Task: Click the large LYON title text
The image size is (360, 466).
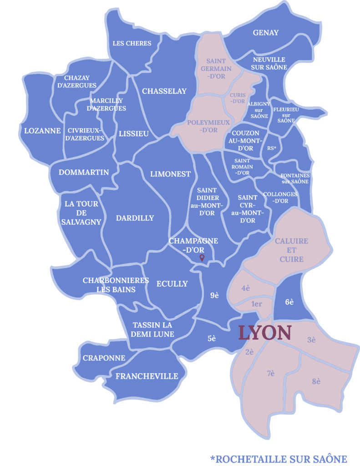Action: coord(265,333)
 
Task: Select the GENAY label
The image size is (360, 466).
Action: coord(265,33)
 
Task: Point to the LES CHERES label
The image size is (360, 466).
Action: coord(132,44)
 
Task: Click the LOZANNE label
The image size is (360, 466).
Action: coord(42,131)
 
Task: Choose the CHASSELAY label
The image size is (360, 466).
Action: coord(164,91)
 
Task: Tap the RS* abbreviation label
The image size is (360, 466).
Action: coord(272,148)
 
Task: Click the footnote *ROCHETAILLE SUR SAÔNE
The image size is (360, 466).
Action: coord(279,459)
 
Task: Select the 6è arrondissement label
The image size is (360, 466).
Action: coord(289,301)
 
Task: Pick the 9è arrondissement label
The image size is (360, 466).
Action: coord(215,295)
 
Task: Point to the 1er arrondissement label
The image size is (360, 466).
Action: coord(256,304)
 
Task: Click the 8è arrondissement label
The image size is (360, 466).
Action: coord(317,381)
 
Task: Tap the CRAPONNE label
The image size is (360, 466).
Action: coord(104,358)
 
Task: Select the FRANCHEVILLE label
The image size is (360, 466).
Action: coord(147,376)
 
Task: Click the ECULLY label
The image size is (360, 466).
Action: coord(172,284)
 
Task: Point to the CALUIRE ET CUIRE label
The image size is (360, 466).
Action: coord(292,250)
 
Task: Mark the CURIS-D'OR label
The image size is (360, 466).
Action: coord(238,98)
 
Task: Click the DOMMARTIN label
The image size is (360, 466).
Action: coord(84,172)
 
